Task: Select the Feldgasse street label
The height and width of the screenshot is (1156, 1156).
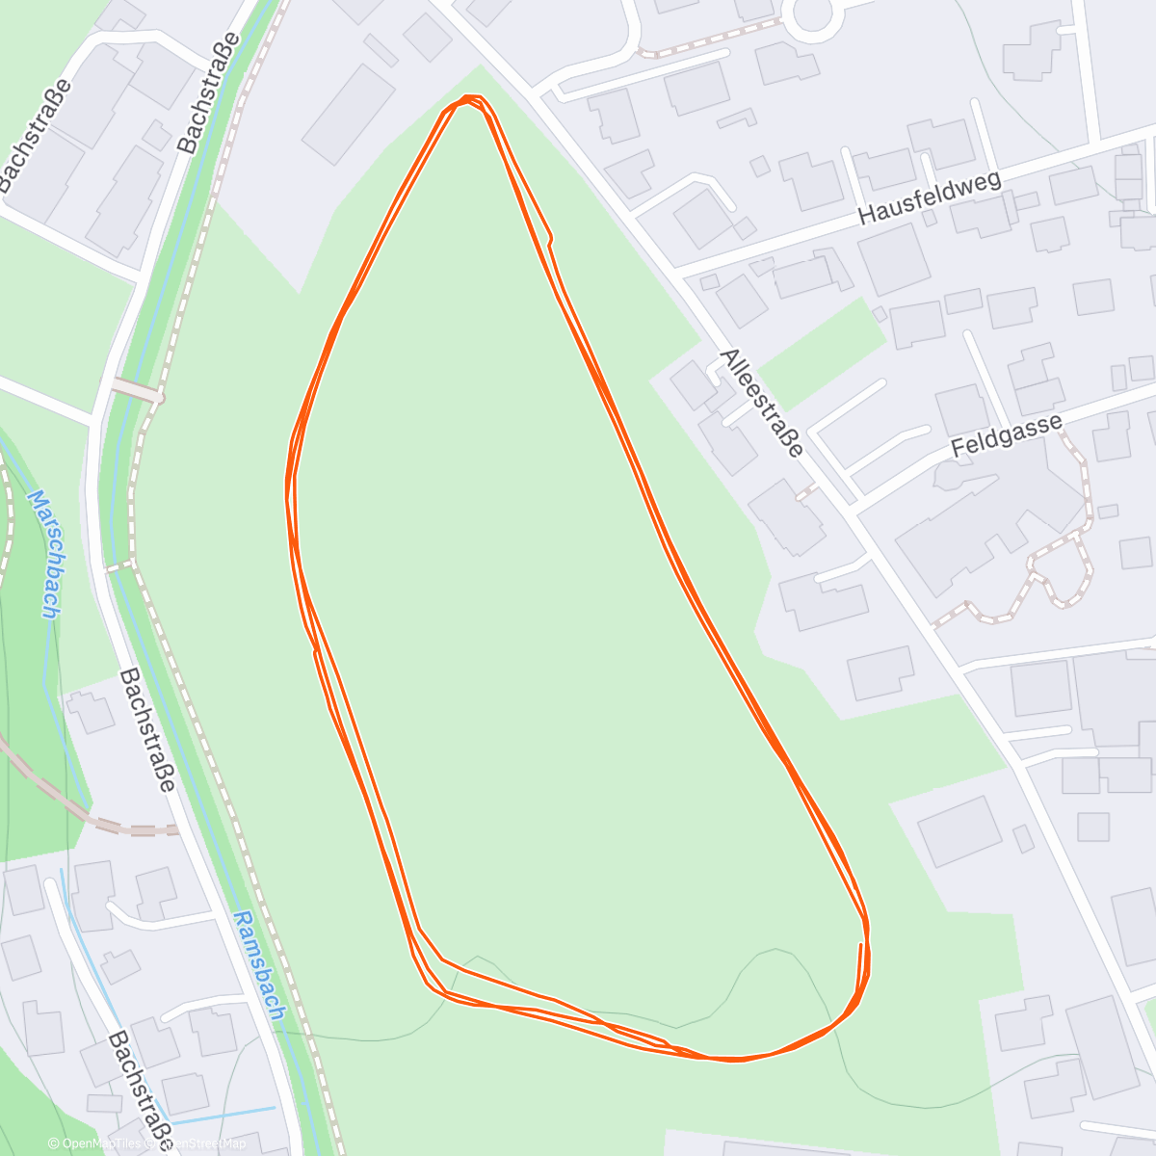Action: coord(1006,435)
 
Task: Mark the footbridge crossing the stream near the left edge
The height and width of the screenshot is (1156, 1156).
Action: coord(135,390)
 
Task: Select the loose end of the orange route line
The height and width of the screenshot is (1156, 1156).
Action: coord(860,944)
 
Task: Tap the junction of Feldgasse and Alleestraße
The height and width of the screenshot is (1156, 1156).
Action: coord(853,508)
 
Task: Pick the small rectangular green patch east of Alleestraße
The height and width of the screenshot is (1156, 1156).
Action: coord(825,351)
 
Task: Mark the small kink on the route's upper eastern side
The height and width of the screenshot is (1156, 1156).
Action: coord(550,239)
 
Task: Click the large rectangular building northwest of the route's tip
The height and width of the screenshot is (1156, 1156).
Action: coord(348,115)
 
